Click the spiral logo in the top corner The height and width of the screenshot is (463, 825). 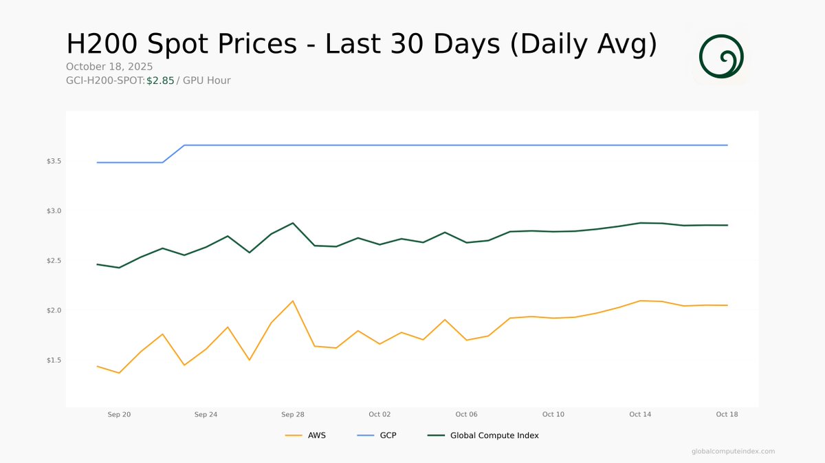721,56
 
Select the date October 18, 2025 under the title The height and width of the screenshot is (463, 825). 109,67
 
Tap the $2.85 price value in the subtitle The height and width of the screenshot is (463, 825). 160,80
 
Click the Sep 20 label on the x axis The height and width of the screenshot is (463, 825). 119,414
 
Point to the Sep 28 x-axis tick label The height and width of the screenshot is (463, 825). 293,414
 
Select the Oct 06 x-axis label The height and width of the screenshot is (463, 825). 466,414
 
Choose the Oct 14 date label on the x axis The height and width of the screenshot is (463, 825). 640,414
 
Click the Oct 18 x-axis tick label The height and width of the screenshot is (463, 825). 727,414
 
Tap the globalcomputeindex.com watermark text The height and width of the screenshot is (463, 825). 733,451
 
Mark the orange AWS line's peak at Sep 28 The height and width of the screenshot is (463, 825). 293,301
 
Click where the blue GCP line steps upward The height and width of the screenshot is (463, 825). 173,153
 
